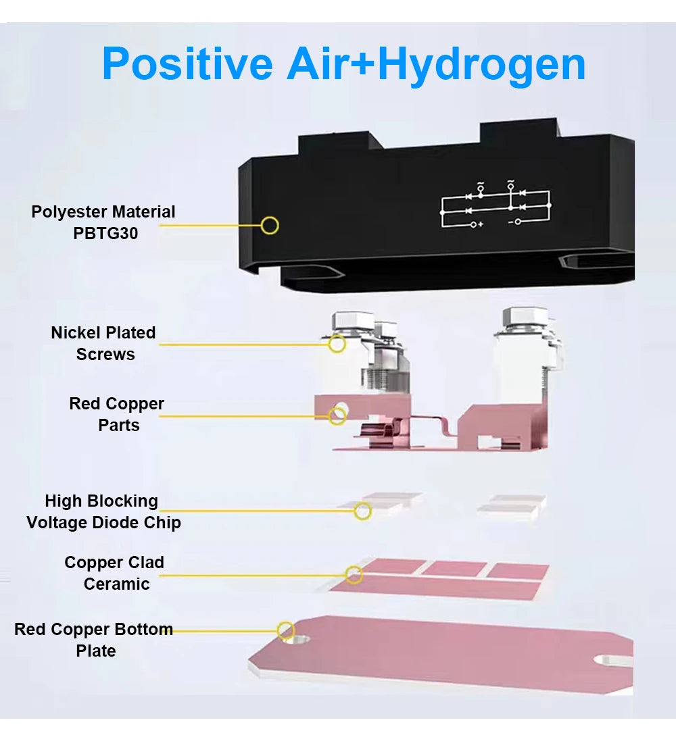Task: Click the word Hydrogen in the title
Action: click(482, 65)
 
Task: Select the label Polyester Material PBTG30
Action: click(103, 222)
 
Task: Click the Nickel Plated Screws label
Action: click(103, 343)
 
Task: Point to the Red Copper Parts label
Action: click(117, 414)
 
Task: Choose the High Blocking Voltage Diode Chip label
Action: click(103, 511)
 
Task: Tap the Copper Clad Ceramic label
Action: click(114, 573)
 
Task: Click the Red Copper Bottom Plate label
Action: click(94, 640)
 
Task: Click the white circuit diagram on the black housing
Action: click(496, 205)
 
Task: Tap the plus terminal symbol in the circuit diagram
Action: click(477, 225)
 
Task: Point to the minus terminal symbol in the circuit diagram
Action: click(514, 222)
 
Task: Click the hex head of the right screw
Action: click(525, 318)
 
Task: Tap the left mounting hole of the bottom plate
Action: click(296, 639)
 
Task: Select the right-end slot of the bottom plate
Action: click(613, 660)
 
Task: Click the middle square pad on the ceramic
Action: click(454, 568)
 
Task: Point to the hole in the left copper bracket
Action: click(341, 408)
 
